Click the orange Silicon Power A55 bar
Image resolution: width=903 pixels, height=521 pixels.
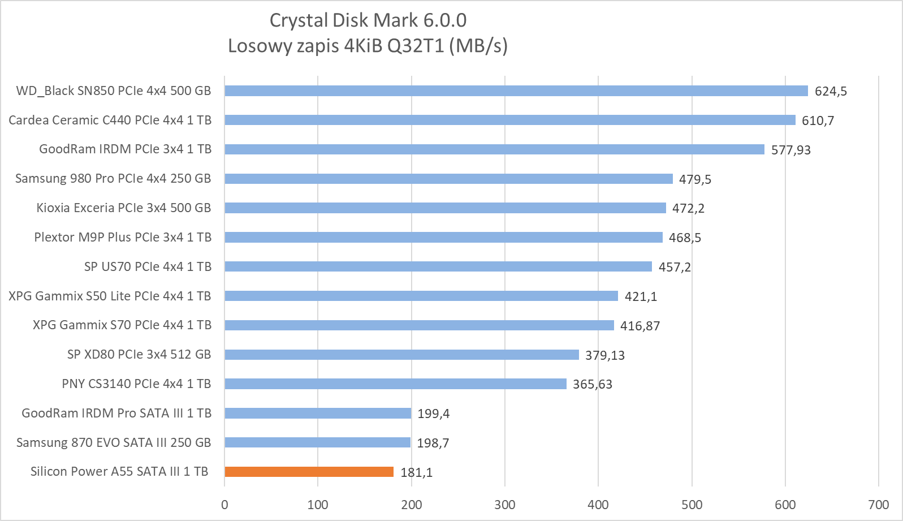(x=309, y=472)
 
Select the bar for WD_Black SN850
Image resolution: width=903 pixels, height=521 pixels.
(x=516, y=91)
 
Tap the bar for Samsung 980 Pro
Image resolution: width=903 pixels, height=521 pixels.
(x=448, y=179)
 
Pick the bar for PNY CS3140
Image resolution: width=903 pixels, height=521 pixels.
(x=395, y=384)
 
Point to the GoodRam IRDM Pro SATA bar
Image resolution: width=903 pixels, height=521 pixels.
(x=318, y=414)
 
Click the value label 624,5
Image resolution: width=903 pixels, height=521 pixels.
(x=830, y=92)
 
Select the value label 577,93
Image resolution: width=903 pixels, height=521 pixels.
(x=790, y=150)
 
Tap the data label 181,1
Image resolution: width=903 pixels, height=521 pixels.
(x=416, y=472)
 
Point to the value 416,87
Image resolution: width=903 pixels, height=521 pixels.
(x=640, y=326)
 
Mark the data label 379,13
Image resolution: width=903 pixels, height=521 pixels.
(x=604, y=355)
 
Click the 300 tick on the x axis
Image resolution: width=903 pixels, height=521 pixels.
(x=504, y=505)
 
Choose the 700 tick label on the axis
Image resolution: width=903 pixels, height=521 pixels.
(x=878, y=505)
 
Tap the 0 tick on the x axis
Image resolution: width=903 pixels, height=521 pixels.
(x=224, y=505)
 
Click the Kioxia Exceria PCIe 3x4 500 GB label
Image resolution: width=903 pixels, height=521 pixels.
(x=124, y=208)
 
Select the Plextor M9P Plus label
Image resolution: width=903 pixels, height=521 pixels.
(x=123, y=238)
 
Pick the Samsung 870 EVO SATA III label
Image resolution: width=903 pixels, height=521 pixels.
(x=114, y=443)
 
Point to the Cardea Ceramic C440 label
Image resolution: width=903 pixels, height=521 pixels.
(x=110, y=120)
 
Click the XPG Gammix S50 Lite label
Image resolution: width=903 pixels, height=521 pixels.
(x=110, y=296)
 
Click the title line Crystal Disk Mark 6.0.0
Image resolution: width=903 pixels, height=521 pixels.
(x=368, y=20)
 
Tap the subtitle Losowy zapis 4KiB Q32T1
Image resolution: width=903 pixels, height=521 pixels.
(x=368, y=46)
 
